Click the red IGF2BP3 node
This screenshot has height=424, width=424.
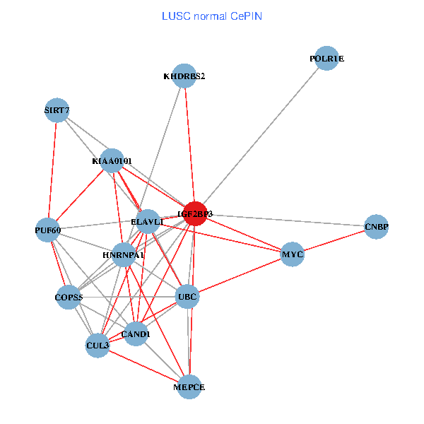pyautogui.click(x=195, y=213)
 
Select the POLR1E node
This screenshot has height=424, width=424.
pyautogui.click(x=326, y=59)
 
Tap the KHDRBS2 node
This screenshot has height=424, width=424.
pyautogui.click(x=184, y=76)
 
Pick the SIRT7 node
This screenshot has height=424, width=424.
pyautogui.click(x=57, y=110)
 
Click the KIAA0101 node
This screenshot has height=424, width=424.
pyautogui.click(x=112, y=161)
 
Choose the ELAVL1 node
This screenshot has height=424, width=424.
pyautogui.click(x=148, y=222)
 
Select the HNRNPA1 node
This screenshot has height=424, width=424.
pyautogui.click(x=124, y=254)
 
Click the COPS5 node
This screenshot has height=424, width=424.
pyautogui.click(x=69, y=298)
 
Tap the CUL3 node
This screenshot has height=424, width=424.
pyautogui.click(x=98, y=346)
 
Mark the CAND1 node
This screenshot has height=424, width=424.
pyautogui.click(x=136, y=334)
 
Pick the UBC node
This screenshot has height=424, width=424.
pyautogui.click(x=187, y=296)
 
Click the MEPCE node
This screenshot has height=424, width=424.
pyautogui.click(x=189, y=387)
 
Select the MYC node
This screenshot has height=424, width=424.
pyautogui.click(x=293, y=254)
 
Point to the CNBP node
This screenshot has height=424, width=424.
pyautogui.click(x=376, y=227)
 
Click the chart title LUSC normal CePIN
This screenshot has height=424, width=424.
pyautogui.click(x=212, y=16)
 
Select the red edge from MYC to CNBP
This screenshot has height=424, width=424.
pyautogui.click(x=334, y=240)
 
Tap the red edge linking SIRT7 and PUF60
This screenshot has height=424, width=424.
pyautogui.click(x=52, y=170)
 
